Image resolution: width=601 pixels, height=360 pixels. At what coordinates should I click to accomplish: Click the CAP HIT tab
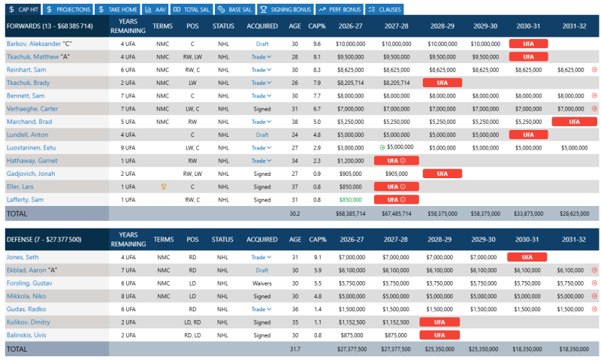click(x=23, y=9)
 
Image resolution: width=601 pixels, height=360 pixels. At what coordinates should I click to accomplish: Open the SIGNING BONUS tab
click(x=285, y=9)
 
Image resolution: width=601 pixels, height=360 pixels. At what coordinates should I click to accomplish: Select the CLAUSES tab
click(x=385, y=9)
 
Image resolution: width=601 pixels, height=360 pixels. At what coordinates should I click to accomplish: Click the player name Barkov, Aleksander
click(x=34, y=44)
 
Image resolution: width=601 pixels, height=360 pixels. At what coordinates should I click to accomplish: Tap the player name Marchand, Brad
click(x=29, y=122)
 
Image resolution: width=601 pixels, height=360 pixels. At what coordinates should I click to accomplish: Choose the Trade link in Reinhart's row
click(x=261, y=70)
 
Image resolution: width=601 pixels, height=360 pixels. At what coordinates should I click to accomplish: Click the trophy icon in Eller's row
click(x=164, y=186)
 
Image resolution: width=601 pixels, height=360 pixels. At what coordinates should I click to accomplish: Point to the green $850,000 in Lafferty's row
click(x=350, y=200)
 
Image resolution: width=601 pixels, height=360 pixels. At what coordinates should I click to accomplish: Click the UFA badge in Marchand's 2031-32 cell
click(x=574, y=122)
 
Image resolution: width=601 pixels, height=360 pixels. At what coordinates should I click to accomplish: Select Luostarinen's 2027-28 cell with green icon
click(x=397, y=147)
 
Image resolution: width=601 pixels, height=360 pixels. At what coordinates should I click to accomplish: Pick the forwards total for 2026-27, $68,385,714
click(x=350, y=213)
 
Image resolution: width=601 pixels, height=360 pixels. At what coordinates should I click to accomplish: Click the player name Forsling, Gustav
click(x=29, y=283)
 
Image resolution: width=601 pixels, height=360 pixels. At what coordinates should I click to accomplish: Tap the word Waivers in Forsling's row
click(x=261, y=283)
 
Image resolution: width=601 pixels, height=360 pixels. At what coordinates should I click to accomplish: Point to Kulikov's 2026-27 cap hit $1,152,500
click(x=352, y=322)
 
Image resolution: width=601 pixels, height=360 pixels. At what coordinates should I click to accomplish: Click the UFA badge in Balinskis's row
click(x=439, y=335)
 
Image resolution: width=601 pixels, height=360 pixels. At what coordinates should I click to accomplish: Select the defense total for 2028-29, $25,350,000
click(x=439, y=349)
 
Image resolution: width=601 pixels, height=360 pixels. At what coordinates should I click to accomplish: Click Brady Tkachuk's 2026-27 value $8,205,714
click(x=350, y=83)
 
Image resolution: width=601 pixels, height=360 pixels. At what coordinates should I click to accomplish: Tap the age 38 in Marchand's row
click(x=294, y=122)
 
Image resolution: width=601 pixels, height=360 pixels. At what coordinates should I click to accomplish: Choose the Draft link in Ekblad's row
click(x=261, y=271)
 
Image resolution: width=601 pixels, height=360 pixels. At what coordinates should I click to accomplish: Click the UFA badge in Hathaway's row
click(x=397, y=161)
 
